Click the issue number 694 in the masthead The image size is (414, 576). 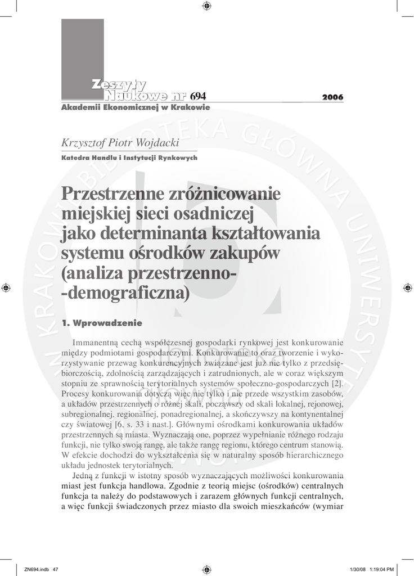199,97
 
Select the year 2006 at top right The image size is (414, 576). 332,98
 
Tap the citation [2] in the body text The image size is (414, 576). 337,384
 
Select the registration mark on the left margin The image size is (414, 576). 6,287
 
